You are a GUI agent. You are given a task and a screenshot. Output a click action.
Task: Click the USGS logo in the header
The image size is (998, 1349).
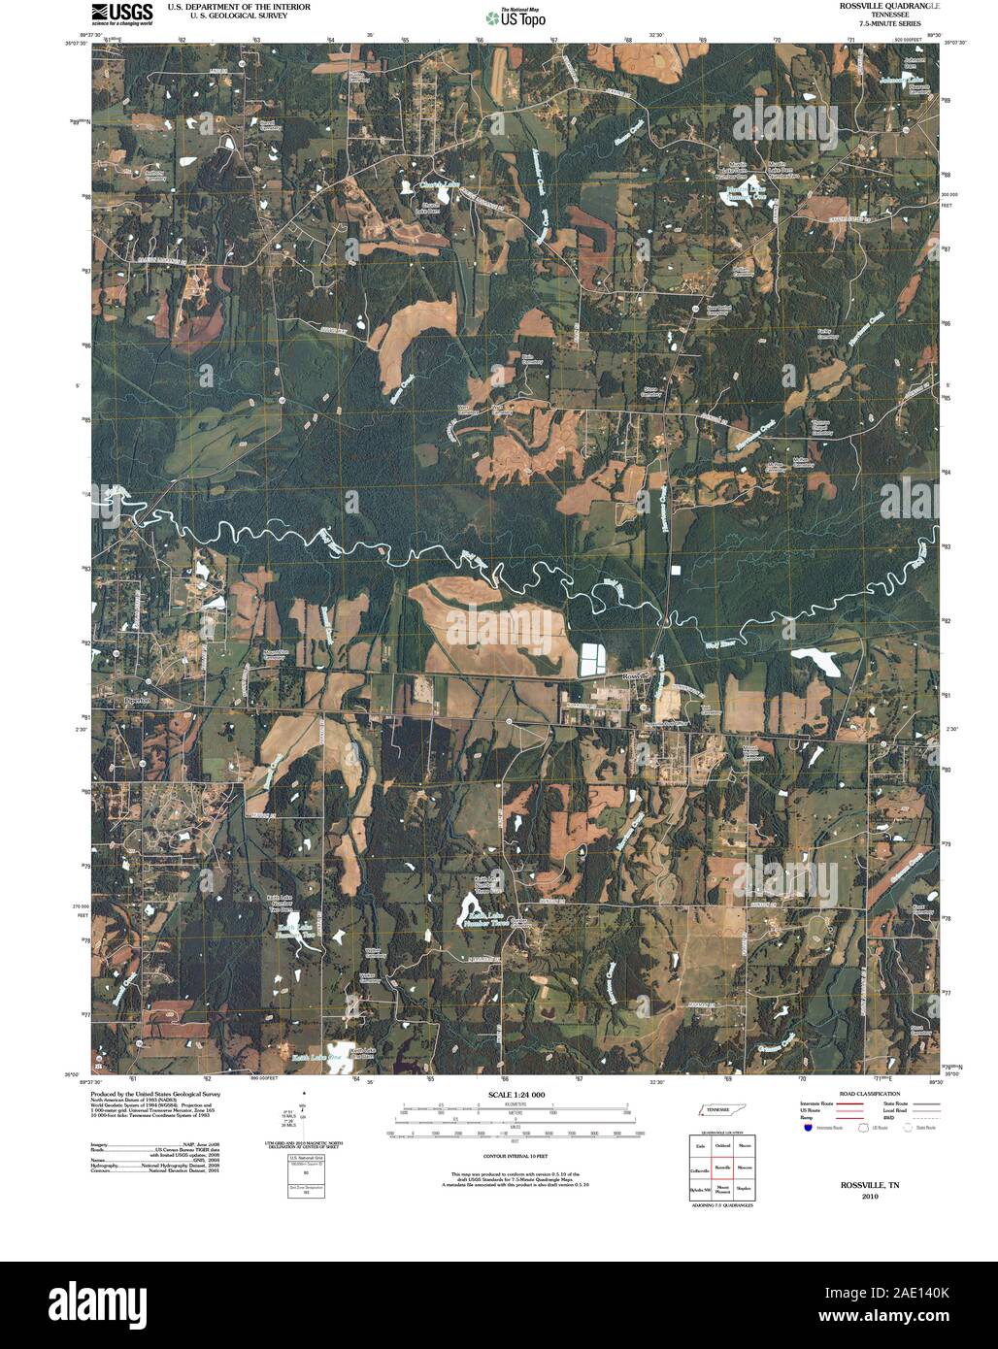coord(121,14)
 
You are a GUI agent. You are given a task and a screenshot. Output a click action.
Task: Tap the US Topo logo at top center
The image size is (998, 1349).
coord(516,16)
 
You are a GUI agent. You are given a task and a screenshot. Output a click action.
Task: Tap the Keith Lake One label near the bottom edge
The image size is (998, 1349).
coord(315,1056)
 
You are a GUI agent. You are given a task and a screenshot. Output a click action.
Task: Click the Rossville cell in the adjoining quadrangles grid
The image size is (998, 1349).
coord(722,1166)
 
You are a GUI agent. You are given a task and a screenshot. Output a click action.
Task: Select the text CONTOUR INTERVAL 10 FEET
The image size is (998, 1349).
coord(512,1157)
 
